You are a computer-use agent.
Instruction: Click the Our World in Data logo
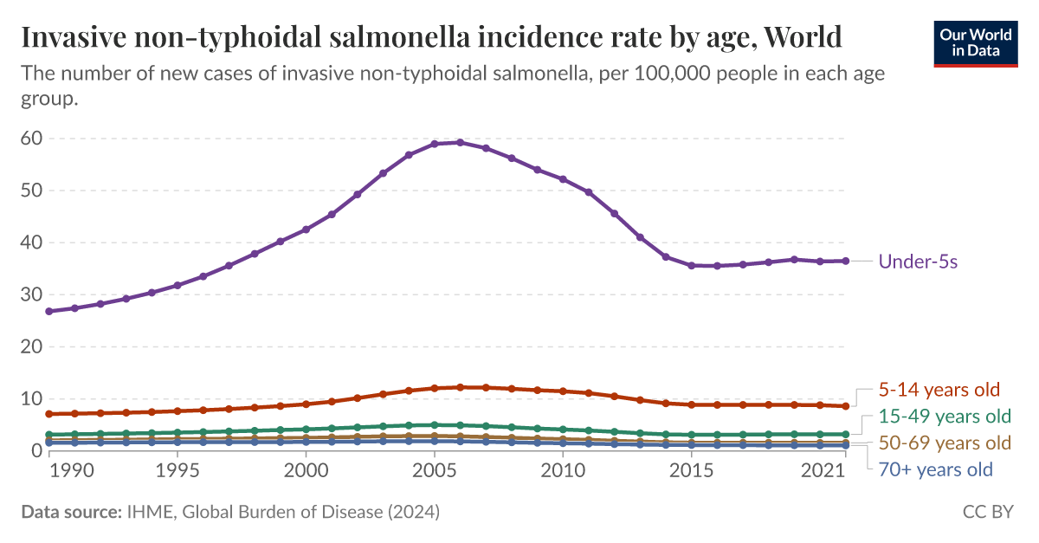[976, 42]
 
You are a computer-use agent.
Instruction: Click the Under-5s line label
[918, 262]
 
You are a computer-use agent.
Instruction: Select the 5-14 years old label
[939, 389]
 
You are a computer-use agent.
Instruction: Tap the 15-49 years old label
[945, 416]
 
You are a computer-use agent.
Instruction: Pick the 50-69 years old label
[945, 443]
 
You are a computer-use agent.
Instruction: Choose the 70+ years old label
[936, 470]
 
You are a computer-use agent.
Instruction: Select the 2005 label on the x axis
[434, 470]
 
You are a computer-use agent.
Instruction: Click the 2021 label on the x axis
[824, 470]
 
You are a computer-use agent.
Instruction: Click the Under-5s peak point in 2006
[460, 143]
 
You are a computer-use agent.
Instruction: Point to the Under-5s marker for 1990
[49, 311]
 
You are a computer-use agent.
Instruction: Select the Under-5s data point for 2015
[691, 265]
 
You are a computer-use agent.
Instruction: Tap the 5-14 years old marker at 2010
[563, 391]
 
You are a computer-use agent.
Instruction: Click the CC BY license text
[987, 513]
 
